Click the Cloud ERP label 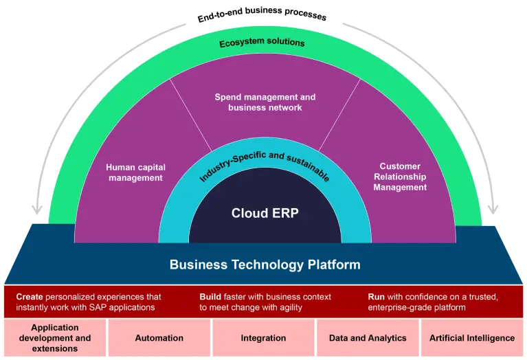(x=265, y=212)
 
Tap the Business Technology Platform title (x=265, y=265)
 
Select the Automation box (x=159, y=338)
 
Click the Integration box (x=263, y=338)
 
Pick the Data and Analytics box (x=368, y=338)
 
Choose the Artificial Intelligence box (x=472, y=338)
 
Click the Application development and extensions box (x=55, y=338)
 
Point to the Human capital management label (x=135, y=172)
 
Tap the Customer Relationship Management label (x=400, y=177)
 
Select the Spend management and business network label (x=265, y=102)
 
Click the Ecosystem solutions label (x=262, y=43)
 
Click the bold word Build (x=210, y=297)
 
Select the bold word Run (x=377, y=297)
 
